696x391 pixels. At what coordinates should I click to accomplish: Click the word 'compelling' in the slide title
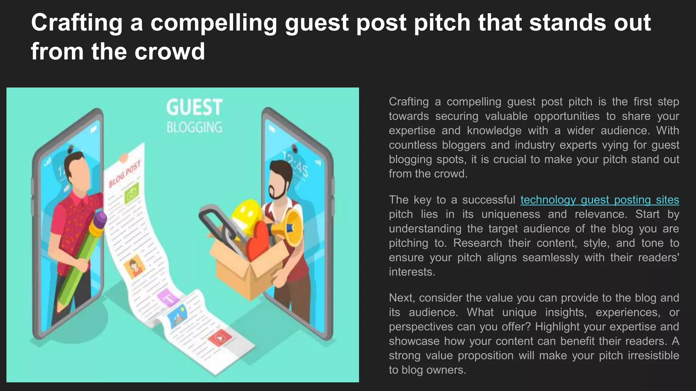coord(213,23)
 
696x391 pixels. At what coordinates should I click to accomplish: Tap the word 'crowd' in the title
coord(170,52)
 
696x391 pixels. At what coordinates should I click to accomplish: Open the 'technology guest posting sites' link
coord(599,200)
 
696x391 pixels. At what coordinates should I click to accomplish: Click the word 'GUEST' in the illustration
coord(194,108)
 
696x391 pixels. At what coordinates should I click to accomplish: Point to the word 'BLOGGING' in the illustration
coord(194,128)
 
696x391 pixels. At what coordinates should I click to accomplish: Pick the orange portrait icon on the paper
coord(134,266)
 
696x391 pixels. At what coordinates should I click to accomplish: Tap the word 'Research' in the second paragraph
coord(477,243)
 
